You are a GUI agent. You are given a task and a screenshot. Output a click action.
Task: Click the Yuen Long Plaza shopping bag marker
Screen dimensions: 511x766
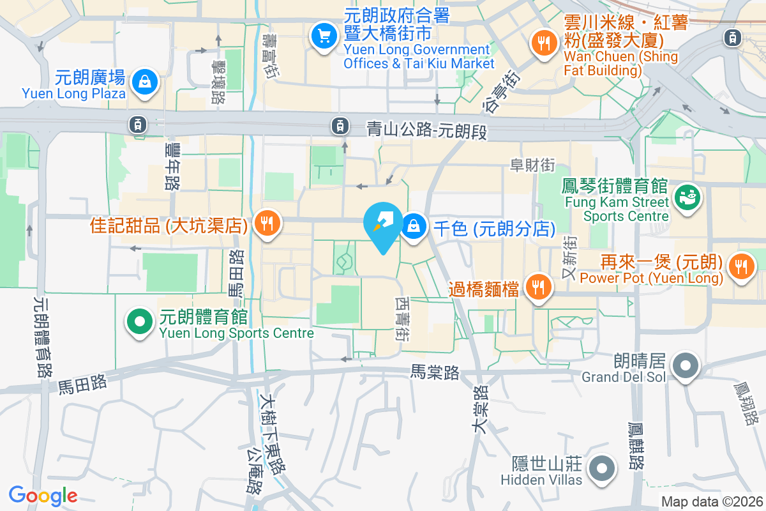click(x=145, y=81)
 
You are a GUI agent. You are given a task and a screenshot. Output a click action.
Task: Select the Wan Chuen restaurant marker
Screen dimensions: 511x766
click(x=543, y=43)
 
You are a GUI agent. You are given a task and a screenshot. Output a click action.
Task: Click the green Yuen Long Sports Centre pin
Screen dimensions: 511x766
click(x=140, y=321)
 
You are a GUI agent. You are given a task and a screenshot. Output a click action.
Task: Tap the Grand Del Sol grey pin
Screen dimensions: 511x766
click(x=686, y=365)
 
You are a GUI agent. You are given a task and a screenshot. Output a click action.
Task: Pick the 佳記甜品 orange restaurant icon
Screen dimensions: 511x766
click(x=265, y=223)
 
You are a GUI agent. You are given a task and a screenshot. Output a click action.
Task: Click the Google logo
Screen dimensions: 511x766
click(x=43, y=495)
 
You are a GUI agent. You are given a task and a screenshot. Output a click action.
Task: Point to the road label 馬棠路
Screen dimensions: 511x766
click(x=435, y=372)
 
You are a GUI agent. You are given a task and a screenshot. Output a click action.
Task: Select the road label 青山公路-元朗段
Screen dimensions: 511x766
click(x=426, y=129)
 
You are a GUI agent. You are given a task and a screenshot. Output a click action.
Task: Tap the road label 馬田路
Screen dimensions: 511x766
click(x=82, y=383)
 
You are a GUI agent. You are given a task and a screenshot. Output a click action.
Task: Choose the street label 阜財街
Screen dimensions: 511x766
click(x=532, y=165)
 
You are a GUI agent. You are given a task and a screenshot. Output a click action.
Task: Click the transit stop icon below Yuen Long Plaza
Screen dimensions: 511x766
click(x=137, y=125)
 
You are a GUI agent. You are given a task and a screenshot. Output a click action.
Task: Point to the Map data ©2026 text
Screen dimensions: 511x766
click(x=711, y=502)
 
